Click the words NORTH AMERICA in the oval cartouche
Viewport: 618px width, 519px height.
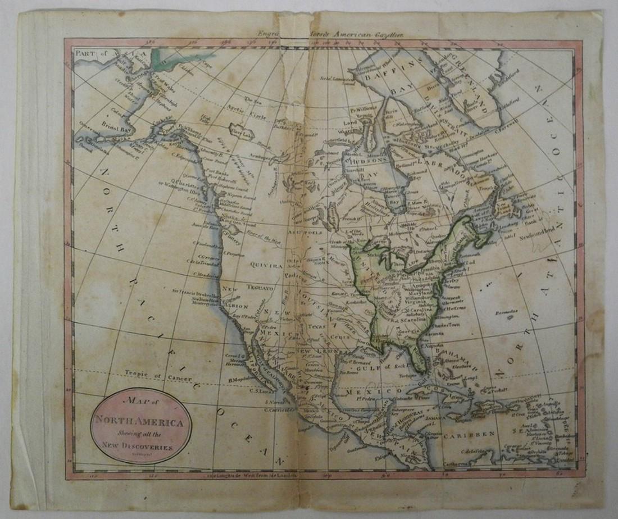point(141,423)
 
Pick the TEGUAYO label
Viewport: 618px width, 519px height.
point(260,288)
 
